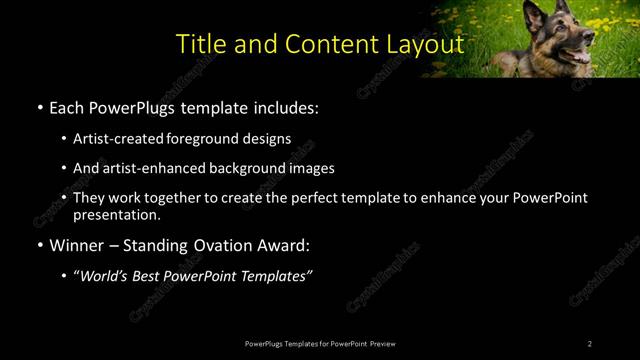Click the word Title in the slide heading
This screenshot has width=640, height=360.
(x=199, y=45)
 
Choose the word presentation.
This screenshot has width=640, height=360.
(x=117, y=214)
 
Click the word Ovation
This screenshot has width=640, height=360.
(x=211, y=244)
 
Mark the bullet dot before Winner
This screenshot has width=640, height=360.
(x=39, y=245)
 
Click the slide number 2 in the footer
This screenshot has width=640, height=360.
(x=590, y=344)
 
